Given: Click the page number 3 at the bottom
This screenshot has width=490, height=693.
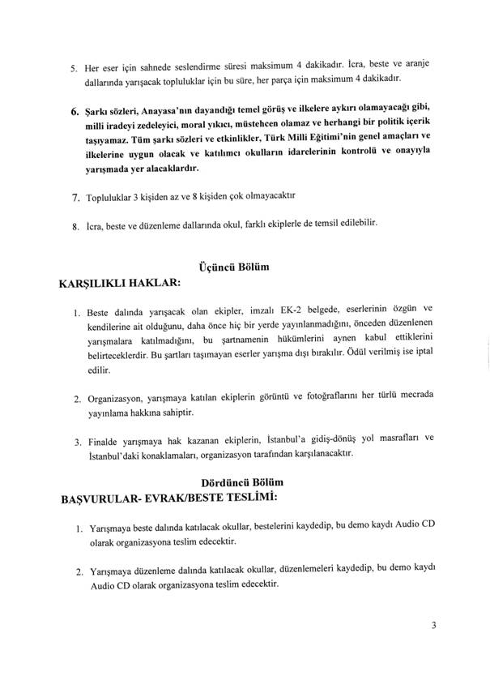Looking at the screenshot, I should tap(434, 625).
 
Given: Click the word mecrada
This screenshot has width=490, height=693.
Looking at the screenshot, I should tap(414, 397).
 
